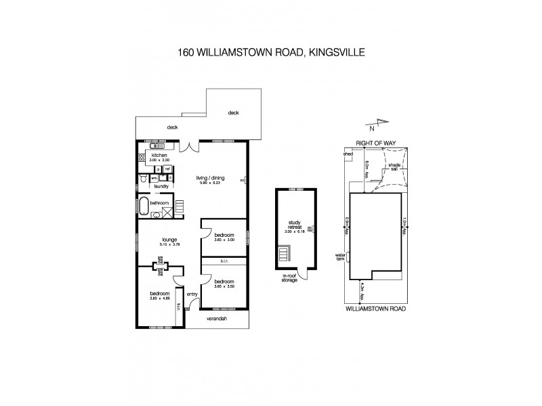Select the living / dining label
click(x=211, y=179)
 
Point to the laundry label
click(x=161, y=186)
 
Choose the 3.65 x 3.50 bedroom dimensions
click(x=224, y=287)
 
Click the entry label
click(x=192, y=294)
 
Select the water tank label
click(x=341, y=258)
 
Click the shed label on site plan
click(x=349, y=154)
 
